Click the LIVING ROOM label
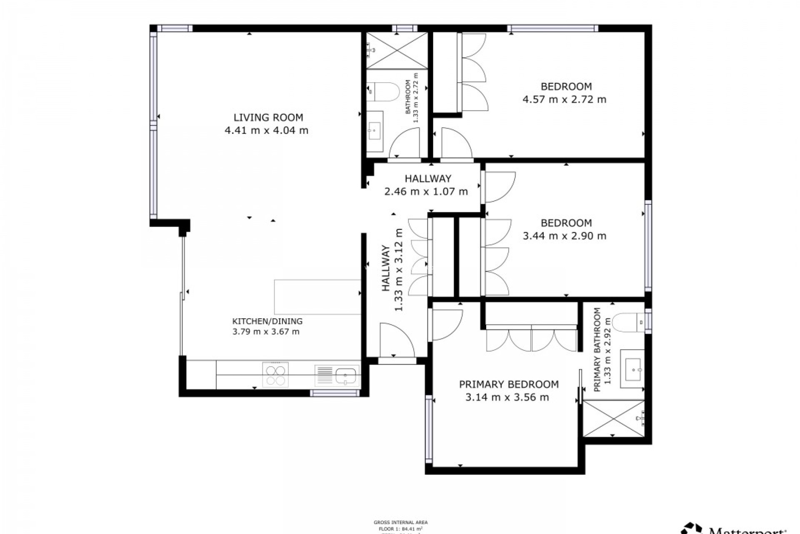coord(268,118)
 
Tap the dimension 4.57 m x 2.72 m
coord(564,100)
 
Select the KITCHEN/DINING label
coord(267,321)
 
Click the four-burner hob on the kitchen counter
coord(275,375)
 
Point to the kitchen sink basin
coord(346,376)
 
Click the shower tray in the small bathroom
coord(397,50)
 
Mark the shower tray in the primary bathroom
coord(613,418)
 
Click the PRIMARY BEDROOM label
coord(508,384)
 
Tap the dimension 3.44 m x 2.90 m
coord(564,236)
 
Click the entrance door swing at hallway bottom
coord(396,340)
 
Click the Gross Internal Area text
coord(400,522)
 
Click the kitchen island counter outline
coord(317,297)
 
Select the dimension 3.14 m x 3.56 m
coord(507,398)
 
